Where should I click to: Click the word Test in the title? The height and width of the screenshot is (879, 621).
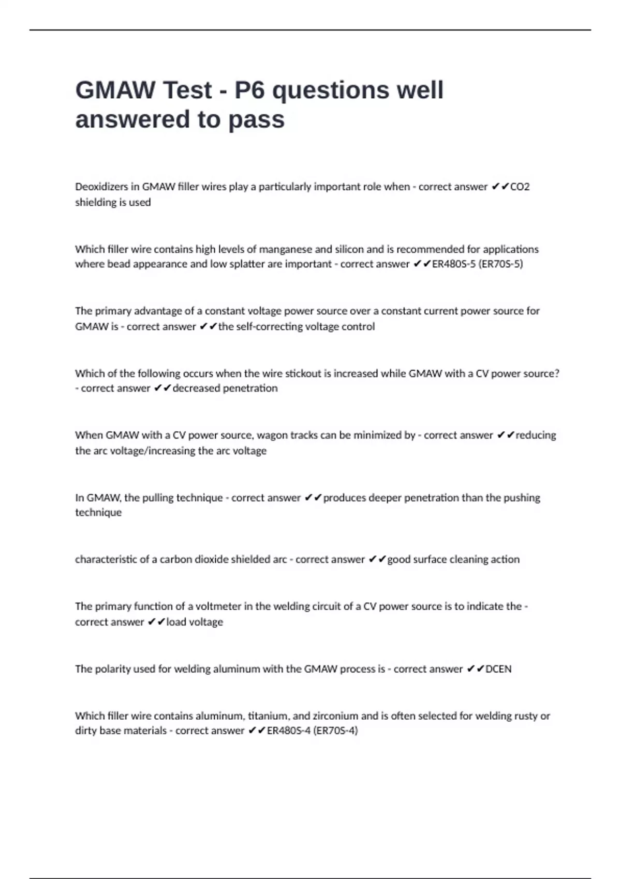[181, 90]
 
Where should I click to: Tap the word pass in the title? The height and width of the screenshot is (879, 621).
[256, 119]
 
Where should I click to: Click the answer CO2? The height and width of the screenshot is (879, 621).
[520, 187]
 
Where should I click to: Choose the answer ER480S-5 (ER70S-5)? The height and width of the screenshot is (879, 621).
[477, 264]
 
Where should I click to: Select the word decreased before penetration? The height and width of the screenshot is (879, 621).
[197, 388]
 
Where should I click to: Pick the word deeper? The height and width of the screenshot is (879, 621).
[382, 498]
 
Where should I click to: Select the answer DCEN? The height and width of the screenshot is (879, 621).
[498, 669]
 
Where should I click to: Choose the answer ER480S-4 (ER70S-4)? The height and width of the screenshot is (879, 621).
[312, 731]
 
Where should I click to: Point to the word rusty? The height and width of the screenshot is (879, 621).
[522, 716]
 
